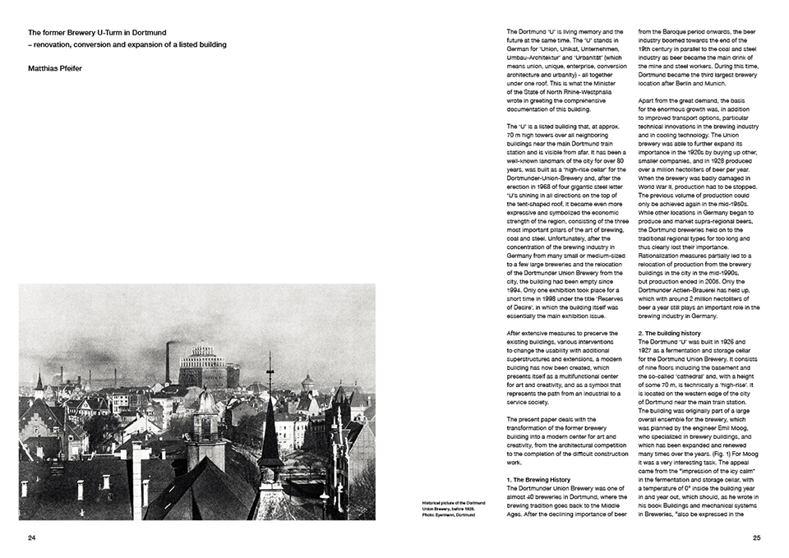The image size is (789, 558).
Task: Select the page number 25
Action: [x=757, y=537]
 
